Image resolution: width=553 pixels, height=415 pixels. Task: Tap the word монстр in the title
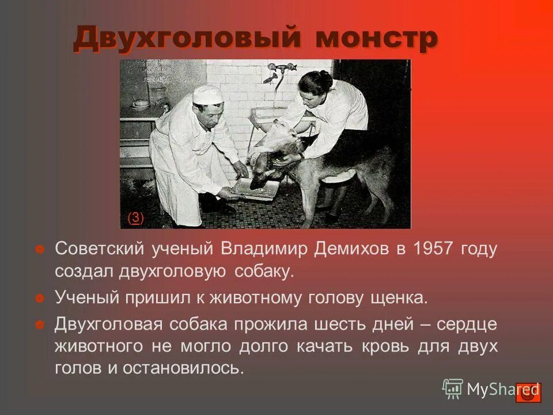coord(377,39)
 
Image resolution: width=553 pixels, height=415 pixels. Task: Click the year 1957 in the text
coord(427,250)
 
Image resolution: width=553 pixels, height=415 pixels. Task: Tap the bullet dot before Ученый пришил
coord(40,299)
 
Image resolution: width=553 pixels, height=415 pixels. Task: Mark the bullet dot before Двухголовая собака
coord(40,325)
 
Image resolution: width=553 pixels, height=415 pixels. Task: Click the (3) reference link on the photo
coord(135,217)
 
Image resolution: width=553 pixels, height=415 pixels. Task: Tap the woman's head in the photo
coord(316,86)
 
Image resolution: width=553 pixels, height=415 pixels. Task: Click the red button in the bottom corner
coord(528,393)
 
